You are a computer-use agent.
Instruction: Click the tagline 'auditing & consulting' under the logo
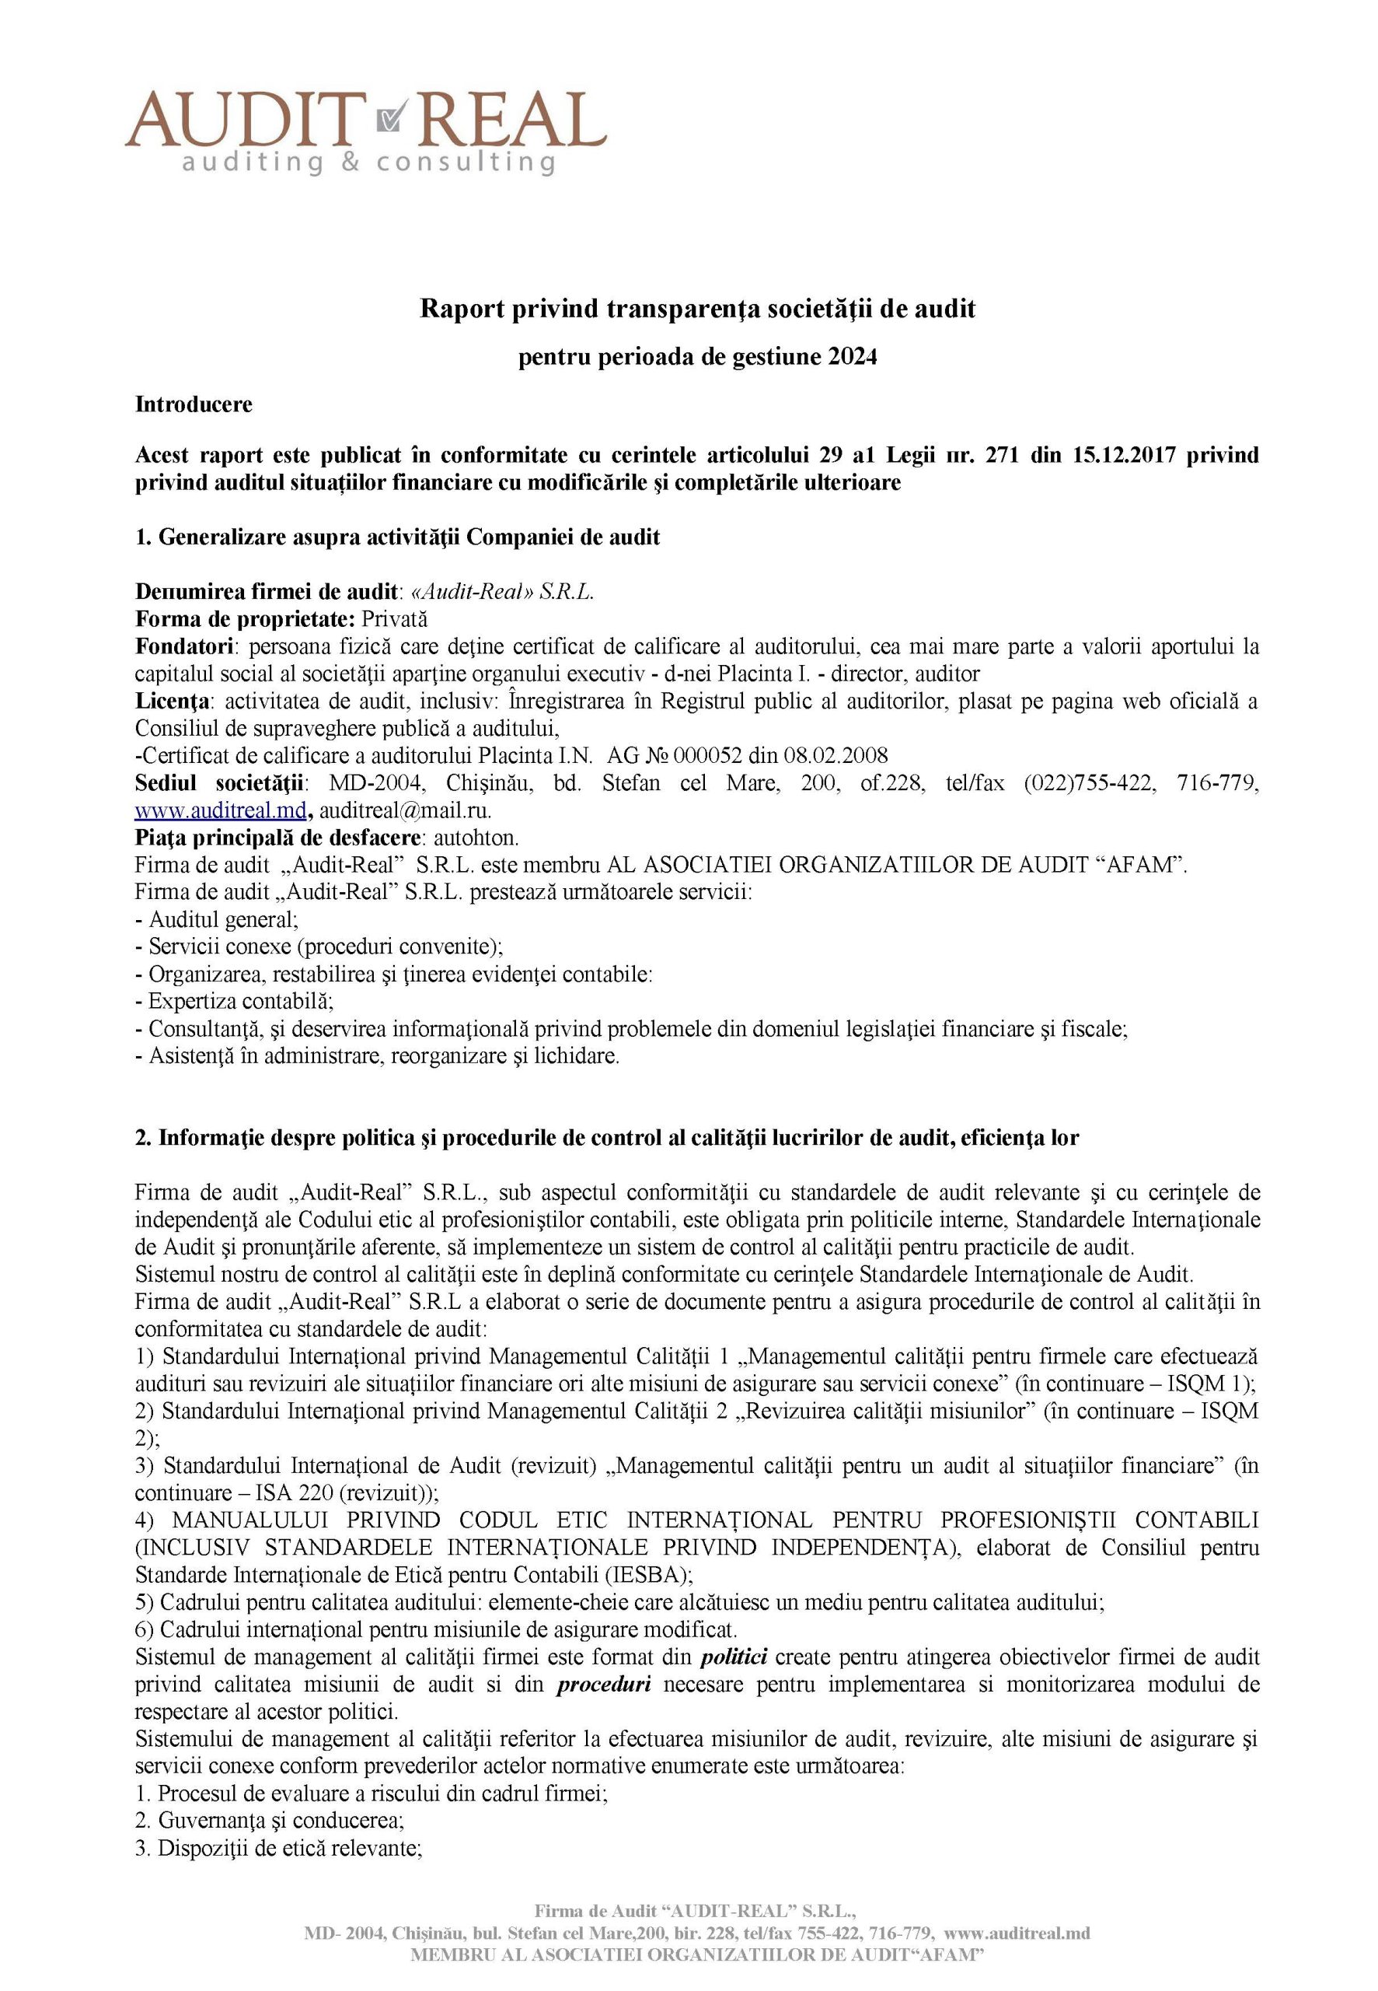[368, 162]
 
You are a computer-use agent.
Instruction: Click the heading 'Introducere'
[194, 404]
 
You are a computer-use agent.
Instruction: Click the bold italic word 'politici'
[734, 1657]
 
